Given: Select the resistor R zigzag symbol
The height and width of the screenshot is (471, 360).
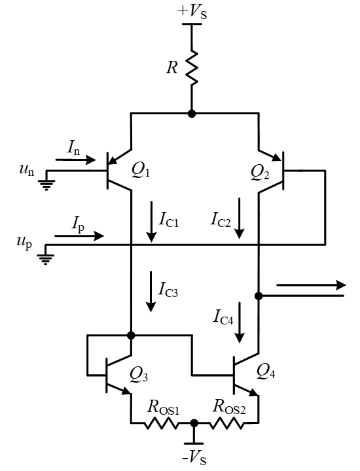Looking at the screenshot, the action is (192, 67).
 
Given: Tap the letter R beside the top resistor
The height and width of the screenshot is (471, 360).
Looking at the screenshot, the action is (172, 67).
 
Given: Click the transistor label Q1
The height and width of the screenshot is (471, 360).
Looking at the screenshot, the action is (141, 171).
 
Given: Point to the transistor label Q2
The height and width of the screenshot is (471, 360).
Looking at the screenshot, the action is (260, 173).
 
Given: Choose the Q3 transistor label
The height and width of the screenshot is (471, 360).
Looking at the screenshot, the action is (139, 375).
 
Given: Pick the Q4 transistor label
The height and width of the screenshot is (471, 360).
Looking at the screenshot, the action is (266, 372).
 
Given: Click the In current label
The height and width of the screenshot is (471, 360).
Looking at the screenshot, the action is (73, 147).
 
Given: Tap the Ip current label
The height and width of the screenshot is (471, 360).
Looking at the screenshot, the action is (78, 224).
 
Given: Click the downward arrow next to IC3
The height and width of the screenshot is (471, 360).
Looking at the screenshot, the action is (151, 291).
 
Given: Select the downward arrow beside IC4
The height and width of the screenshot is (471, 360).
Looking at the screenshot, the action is (240, 323).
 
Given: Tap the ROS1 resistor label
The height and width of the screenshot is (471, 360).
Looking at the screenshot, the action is (163, 408).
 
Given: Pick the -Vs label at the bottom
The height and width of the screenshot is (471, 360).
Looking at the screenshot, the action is (194, 459).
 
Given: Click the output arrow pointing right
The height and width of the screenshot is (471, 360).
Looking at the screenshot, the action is (312, 285).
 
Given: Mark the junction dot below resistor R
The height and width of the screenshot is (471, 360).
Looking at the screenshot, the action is (192, 114).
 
